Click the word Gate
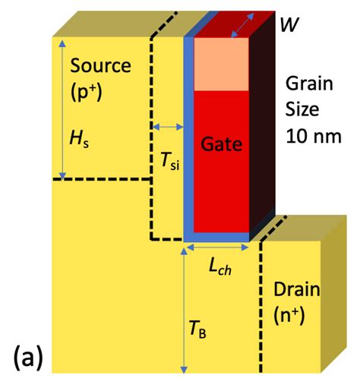223,141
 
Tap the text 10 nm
311,136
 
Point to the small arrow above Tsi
166,126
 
